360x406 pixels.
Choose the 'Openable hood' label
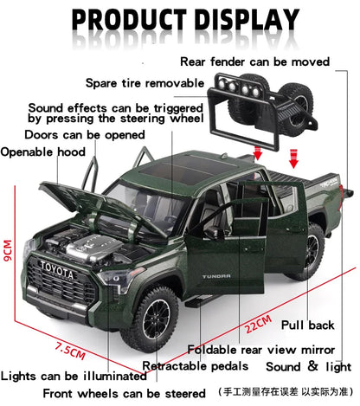42,152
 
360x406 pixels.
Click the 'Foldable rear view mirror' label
263,350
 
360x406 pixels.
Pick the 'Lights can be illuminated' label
74,376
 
